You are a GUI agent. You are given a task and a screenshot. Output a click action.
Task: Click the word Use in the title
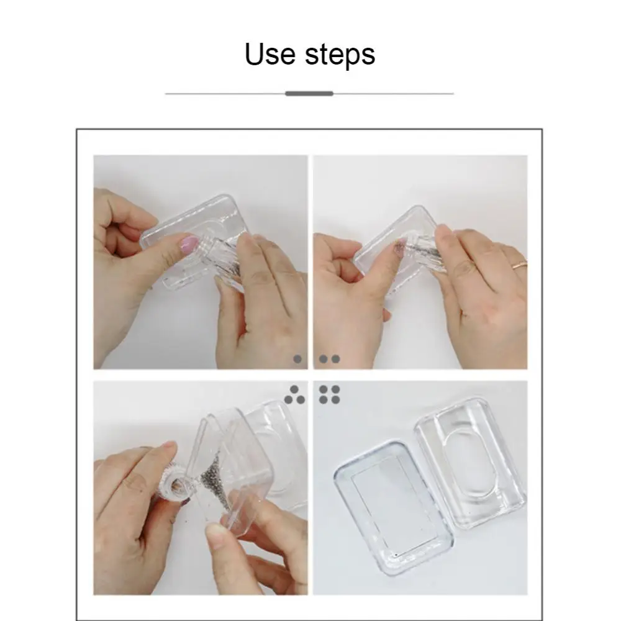[270, 53]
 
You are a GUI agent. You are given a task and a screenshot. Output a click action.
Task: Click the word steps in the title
[340, 55]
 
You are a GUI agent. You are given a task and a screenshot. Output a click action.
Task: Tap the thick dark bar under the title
[309, 94]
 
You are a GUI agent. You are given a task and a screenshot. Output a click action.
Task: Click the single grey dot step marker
[297, 359]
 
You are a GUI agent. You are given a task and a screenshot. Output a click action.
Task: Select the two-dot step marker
[330, 359]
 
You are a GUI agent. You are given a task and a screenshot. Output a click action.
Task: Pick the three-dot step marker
[294, 394]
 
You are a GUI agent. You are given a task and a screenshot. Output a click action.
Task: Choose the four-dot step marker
[330, 394]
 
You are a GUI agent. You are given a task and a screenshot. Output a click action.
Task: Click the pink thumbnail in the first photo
[189, 245]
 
